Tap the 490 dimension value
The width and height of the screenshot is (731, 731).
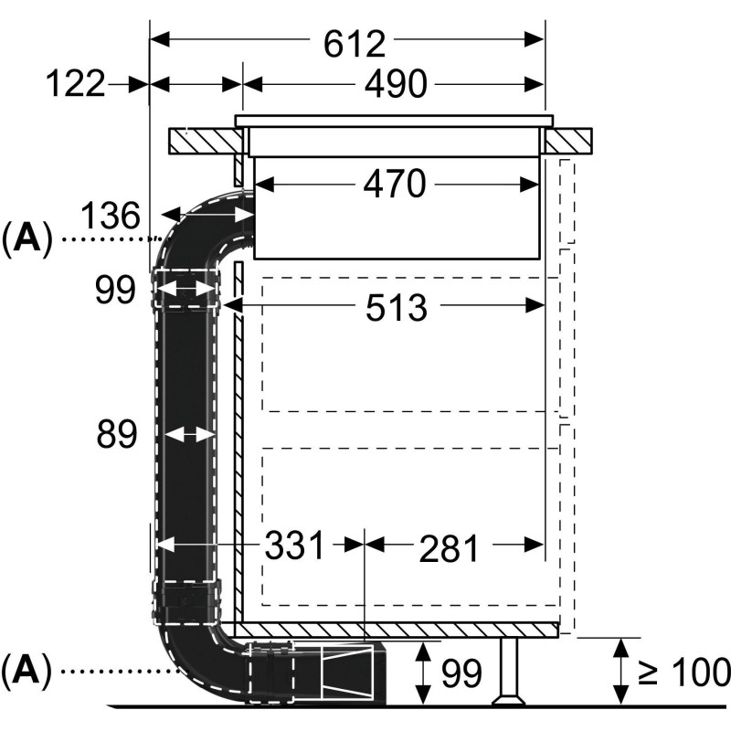(x=395, y=85)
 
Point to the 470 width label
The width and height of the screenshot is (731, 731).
(x=395, y=185)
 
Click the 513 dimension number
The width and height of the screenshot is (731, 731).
(x=395, y=308)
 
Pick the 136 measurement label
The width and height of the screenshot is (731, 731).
(x=110, y=217)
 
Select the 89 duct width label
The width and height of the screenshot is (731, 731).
(x=117, y=435)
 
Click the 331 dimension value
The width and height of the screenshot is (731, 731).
(x=294, y=546)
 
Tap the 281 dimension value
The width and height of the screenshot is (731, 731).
(x=449, y=549)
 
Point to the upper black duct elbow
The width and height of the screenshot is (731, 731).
(x=192, y=228)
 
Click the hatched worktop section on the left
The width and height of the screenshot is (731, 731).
(x=207, y=141)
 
